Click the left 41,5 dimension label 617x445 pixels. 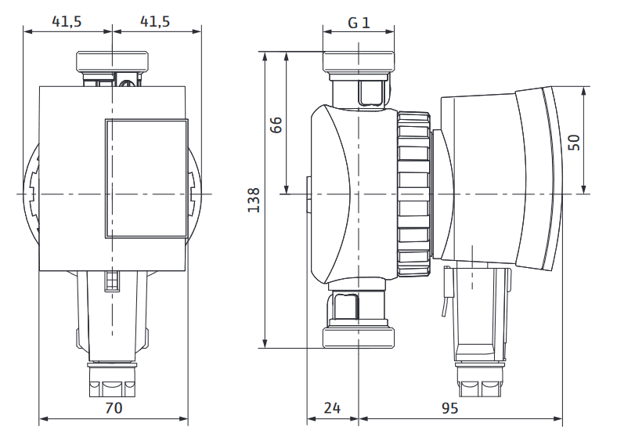click(x=67, y=21)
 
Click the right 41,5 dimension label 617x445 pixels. click(x=155, y=21)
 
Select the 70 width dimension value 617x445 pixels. click(x=114, y=407)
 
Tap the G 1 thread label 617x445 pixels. click(x=359, y=23)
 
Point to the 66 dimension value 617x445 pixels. click(x=276, y=125)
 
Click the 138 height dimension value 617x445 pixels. click(x=254, y=200)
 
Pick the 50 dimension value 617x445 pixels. click(x=575, y=143)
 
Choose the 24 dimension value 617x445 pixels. click(x=332, y=407)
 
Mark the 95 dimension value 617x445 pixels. click(x=449, y=408)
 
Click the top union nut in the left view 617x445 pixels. click(x=113, y=61)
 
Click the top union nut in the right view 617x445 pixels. click(x=359, y=62)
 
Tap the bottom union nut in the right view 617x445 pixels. click(x=359, y=338)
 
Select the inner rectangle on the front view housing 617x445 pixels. click(x=146, y=179)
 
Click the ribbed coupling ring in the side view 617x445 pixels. click(x=413, y=194)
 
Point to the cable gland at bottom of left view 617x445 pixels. click(x=112, y=380)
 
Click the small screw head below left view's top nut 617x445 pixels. click(x=127, y=83)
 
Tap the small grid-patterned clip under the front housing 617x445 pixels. click(x=112, y=281)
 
